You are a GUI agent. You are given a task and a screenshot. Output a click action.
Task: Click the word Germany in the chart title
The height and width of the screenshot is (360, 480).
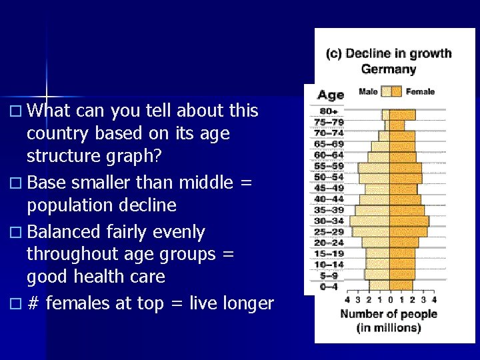388,69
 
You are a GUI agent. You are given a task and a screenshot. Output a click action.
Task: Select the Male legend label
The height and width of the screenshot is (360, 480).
367,91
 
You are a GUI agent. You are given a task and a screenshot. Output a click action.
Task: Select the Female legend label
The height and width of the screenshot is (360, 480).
420,91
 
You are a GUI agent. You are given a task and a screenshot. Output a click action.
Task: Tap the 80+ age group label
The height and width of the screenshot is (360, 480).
329,111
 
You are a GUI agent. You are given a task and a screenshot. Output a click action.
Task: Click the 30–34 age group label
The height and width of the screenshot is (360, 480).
329,221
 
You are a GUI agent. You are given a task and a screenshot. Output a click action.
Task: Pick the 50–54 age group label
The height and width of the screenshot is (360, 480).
329,177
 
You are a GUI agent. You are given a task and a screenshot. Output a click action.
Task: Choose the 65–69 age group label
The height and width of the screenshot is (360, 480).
329,144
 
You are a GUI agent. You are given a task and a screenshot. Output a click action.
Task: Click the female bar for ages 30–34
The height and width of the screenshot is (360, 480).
409,221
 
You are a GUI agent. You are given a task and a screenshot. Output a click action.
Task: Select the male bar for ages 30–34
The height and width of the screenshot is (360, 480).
370,221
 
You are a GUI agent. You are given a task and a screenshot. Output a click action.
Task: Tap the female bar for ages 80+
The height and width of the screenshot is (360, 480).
402,115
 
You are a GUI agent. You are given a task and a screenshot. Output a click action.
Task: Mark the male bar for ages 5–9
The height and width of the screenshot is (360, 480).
377,274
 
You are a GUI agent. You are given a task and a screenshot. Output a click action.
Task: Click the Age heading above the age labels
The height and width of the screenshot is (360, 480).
331,95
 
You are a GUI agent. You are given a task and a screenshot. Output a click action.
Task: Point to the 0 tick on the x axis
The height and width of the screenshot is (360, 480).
390,299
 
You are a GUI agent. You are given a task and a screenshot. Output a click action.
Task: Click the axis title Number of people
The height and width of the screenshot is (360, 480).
389,314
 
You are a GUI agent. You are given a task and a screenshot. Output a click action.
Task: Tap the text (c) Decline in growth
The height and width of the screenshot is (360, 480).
388,54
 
